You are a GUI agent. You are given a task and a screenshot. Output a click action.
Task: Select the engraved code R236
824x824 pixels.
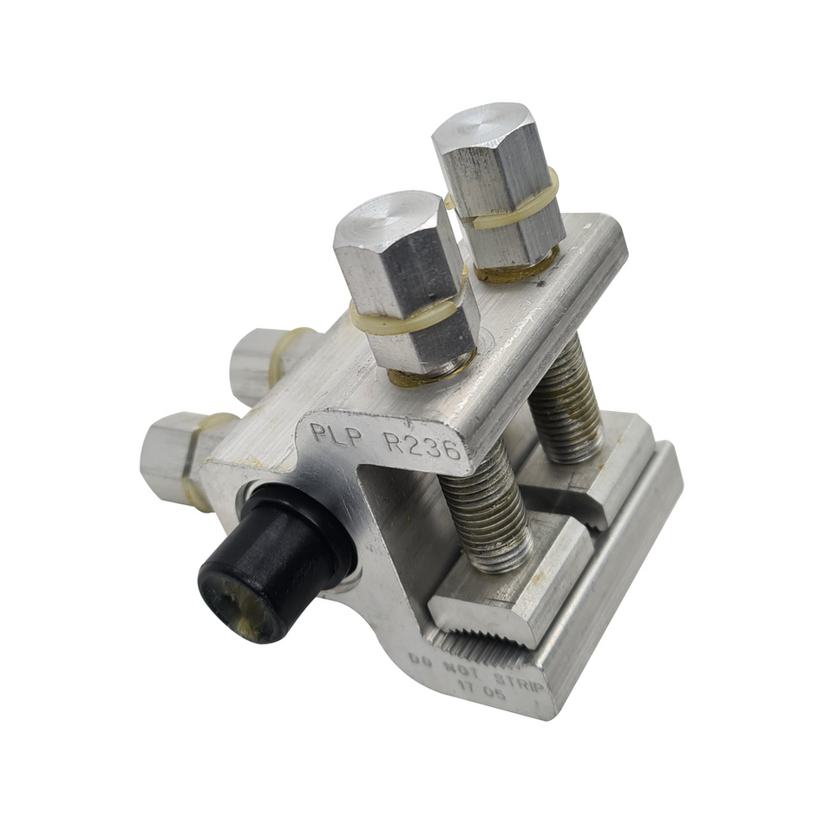422,446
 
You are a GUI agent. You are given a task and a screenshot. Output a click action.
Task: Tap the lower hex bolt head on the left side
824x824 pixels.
173,455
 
